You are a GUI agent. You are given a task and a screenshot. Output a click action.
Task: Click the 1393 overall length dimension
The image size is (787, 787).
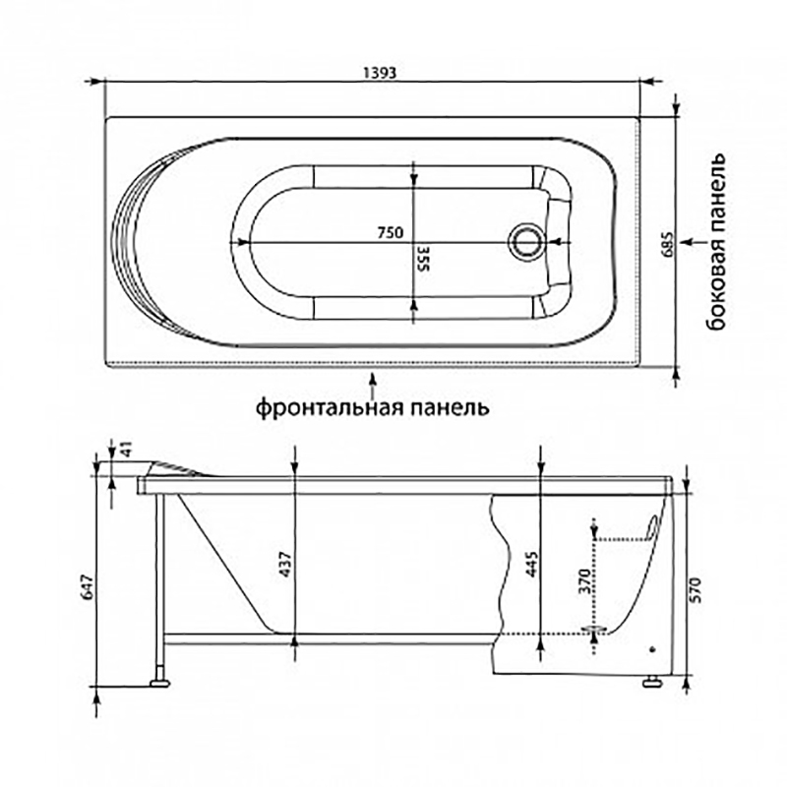[380, 73]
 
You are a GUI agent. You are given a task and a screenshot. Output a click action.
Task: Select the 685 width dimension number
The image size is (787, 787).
[667, 244]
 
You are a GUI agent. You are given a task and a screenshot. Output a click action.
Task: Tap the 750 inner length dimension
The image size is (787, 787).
[390, 233]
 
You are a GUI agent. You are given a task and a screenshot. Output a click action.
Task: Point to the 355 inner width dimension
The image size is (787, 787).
[424, 258]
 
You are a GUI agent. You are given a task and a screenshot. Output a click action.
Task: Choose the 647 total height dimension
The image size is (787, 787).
[88, 586]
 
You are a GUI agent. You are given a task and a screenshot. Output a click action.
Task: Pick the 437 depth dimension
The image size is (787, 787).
[284, 564]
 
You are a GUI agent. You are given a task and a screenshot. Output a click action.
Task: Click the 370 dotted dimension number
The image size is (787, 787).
[583, 581]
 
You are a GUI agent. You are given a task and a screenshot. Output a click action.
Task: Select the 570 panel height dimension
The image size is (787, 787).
[697, 590]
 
